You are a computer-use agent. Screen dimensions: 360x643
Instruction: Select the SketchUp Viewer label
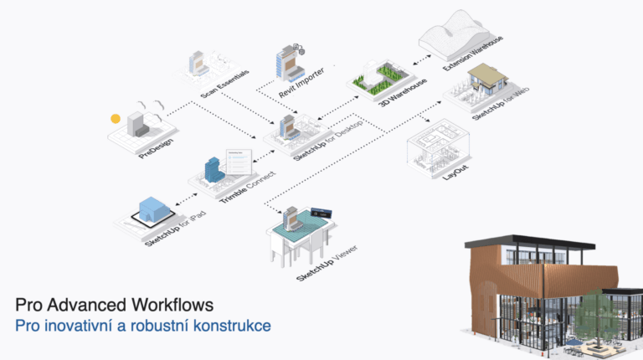(321, 263)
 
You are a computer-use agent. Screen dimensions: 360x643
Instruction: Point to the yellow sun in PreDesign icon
(116, 119)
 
